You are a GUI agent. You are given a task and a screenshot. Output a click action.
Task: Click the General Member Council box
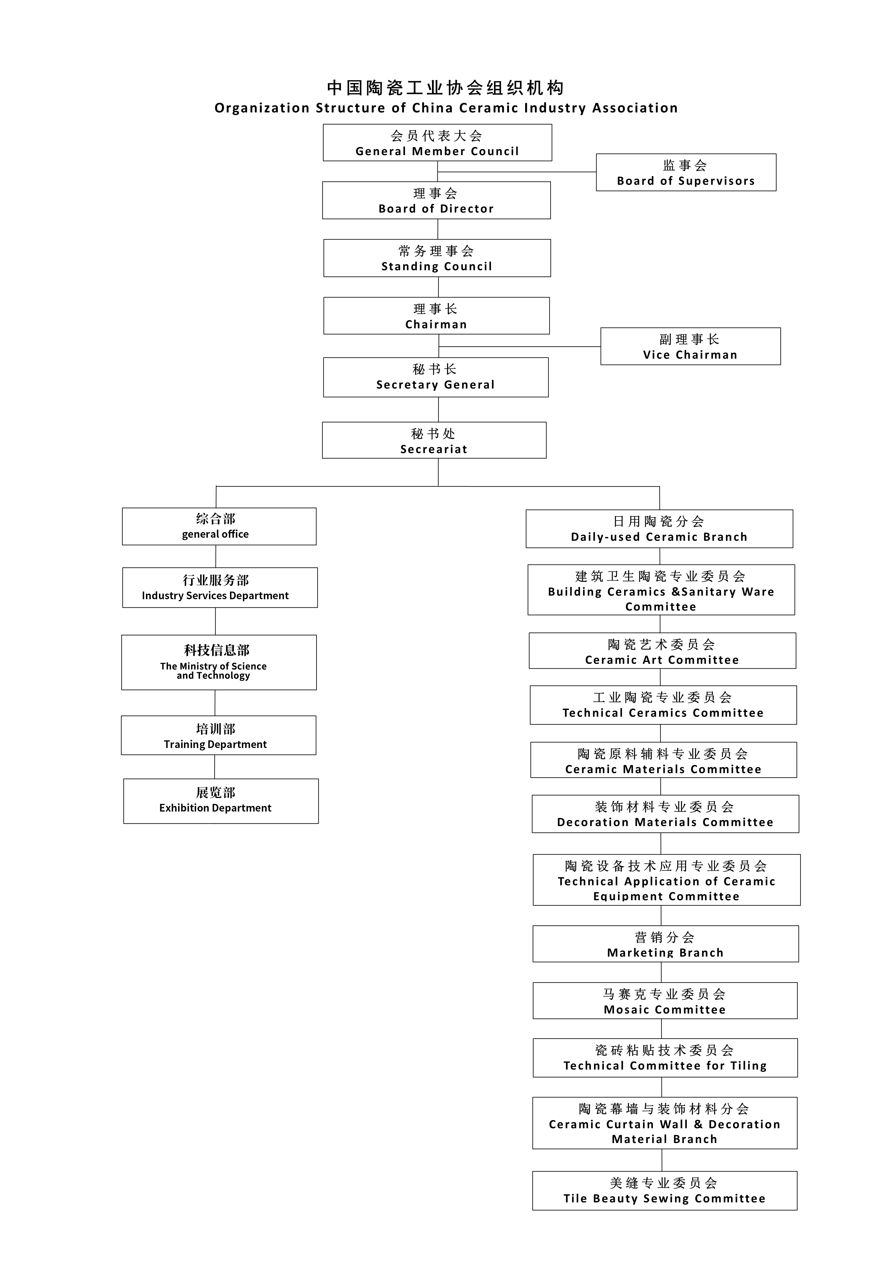pyautogui.click(x=437, y=142)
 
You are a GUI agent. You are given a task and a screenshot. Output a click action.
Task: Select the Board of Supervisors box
pyautogui.click(x=686, y=172)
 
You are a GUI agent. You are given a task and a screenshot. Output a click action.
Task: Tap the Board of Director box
pyautogui.click(x=436, y=200)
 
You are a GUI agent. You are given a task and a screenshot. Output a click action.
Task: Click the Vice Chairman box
pyautogui.click(x=690, y=346)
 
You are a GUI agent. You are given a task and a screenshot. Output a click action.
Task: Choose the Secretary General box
pyautogui.click(x=436, y=377)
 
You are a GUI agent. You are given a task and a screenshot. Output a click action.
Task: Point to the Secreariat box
pyautogui.click(x=434, y=440)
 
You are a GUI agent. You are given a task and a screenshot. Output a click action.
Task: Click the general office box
pyautogui.click(x=219, y=526)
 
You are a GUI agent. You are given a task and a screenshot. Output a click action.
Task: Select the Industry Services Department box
pyautogui.click(x=220, y=587)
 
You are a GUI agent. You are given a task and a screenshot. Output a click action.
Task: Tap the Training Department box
pyautogui.click(x=218, y=735)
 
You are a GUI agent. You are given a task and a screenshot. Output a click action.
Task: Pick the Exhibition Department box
pyautogui.click(x=220, y=801)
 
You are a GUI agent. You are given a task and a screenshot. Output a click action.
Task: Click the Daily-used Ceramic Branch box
pyautogui.click(x=659, y=529)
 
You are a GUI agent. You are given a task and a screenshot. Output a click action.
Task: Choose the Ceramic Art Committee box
pyautogui.click(x=662, y=651)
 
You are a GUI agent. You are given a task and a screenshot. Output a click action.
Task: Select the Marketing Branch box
pyautogui.click(x=665, y=944)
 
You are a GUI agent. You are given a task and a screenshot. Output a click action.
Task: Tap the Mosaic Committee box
pyautogui.click(x=665, y=1001)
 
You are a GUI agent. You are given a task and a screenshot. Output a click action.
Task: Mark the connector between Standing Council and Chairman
pyautogui.click(x=438, y=287)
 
